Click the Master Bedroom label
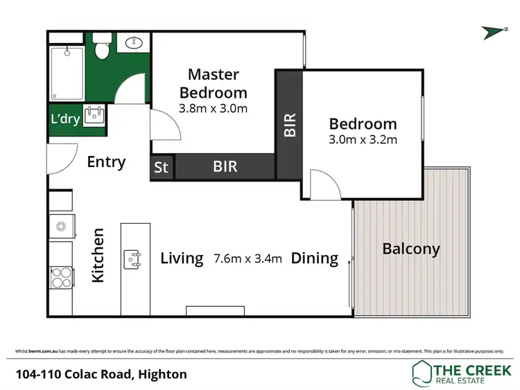click(x=214, y=83)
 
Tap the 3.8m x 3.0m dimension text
click(x=214, y=108)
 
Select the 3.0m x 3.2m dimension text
click(x=363, y=140)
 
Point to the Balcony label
click(x=411, y=249)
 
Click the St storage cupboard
click(x=162, y=167)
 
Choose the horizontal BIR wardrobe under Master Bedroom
click(x=225, y=167)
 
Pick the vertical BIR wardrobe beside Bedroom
click(x=290, y=125)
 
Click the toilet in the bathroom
click(x=101, y=50)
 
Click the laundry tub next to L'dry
click(x=94, y=116)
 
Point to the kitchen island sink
click(x=133, y=259)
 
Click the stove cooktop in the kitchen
click(x=60, y=277)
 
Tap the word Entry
click(x=106, y=162)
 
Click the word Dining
click(x=314, y=259)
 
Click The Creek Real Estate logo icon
click(x=421, y=373)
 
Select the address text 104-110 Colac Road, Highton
click(x=101, y=374)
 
